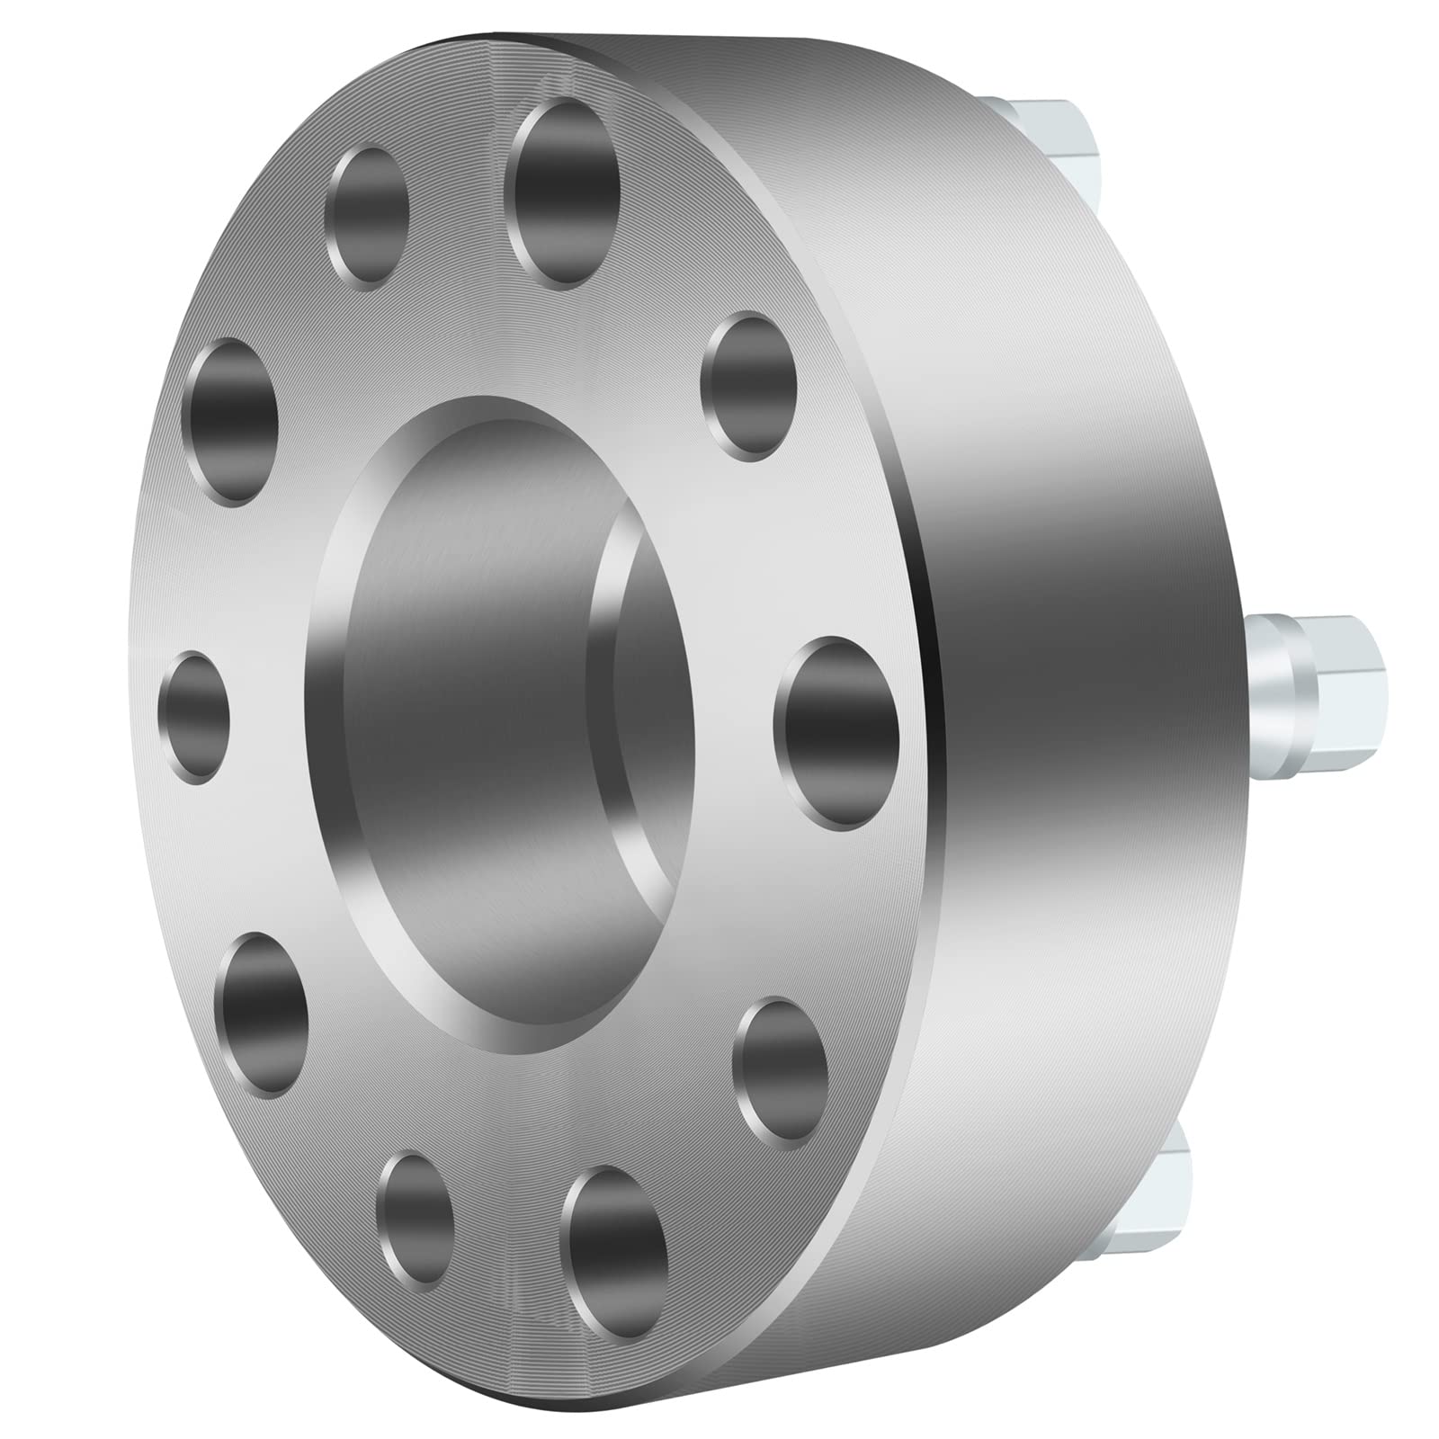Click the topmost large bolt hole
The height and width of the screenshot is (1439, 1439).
[x=564, y=193]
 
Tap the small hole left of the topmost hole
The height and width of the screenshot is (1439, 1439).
[x=367, y=216]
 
